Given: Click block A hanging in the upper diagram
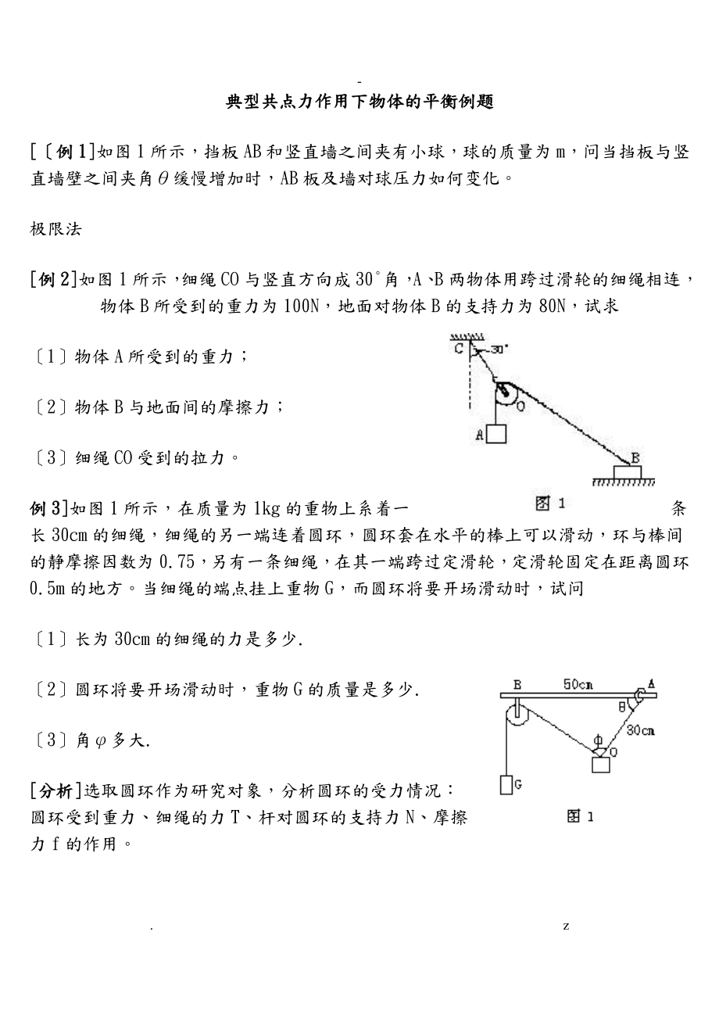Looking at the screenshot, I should pos(495,434).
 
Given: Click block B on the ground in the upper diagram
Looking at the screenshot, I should pos(627,471).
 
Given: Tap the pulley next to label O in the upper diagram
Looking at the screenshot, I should pos(506,393).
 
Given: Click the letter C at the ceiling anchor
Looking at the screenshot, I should pos(460,348).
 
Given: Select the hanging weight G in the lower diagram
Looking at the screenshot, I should pos(506,784).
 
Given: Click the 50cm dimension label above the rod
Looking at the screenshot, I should pos(578,685).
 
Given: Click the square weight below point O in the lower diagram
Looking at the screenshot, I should pos(600,764).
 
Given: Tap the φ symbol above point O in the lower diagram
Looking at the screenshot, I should pos(598,739).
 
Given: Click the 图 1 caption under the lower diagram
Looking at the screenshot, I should pos(580,816).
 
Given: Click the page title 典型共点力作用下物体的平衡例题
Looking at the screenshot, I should pos(359,102).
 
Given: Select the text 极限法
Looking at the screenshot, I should pos(56,229).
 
